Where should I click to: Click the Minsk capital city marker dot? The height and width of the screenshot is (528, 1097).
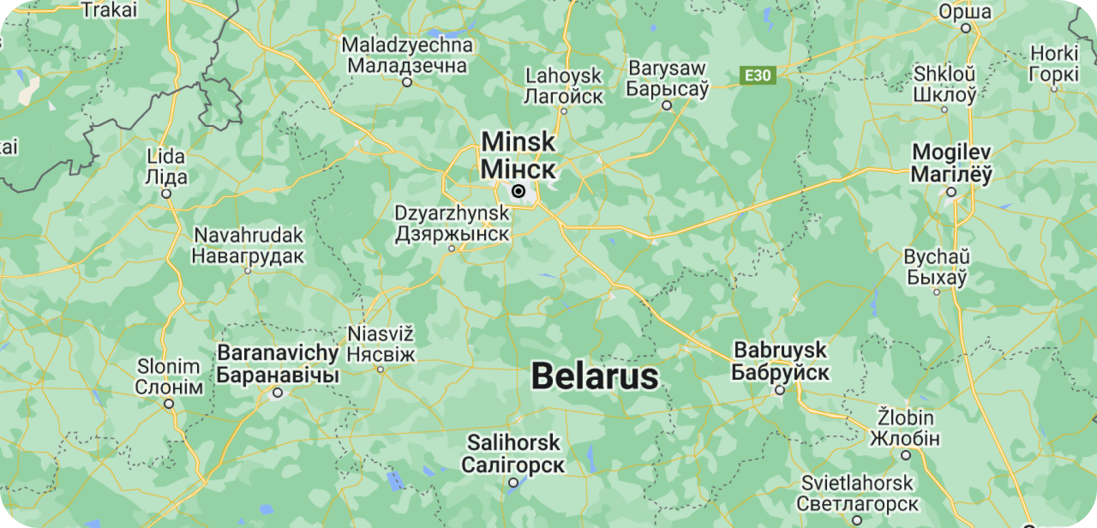click(519, 191)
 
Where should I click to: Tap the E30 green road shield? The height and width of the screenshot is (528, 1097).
click(757, 75)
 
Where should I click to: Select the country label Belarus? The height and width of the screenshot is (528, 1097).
click(595, 376)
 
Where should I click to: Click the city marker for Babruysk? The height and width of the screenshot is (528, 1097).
click(780, 390)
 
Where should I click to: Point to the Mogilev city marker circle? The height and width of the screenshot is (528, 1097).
click(951, 192)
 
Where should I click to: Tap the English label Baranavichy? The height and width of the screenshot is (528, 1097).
click(278, 353)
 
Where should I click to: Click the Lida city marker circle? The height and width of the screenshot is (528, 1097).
click(166, 194)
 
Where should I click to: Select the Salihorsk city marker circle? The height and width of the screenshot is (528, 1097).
click(514, 483)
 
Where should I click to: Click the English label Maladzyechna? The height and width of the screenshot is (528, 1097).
click(407, 45)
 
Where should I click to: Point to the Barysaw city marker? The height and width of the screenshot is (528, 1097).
click(667, 105)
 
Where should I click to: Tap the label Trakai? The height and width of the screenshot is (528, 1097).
click(110, 10)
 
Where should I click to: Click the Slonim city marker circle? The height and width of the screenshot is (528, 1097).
click(169, 404)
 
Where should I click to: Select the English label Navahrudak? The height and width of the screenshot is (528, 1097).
click(249, 235)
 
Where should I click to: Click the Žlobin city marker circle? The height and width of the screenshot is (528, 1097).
click(906, 455)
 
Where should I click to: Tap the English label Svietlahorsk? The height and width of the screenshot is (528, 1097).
click(857, 483)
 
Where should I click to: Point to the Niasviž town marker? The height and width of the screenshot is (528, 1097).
click(380, 369)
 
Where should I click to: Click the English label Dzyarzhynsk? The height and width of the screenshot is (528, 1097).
click(452, 213)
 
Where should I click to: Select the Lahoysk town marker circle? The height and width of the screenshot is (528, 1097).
click(564, 111)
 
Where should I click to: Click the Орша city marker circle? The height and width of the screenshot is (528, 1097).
click(965, 28)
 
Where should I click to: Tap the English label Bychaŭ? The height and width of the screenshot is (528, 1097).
click(937, 257)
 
